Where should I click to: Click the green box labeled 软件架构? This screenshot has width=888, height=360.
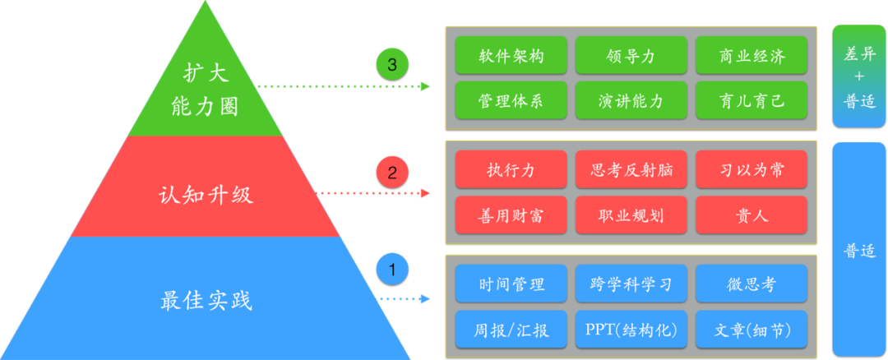point(511,57)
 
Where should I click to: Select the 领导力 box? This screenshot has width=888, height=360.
point(631,57)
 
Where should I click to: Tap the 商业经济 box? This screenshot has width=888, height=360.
point(751,57)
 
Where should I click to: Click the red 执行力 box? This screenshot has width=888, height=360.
point(511,170)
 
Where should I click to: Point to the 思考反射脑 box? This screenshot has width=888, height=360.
point(631,170)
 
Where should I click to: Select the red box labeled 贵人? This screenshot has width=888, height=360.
point(751,215)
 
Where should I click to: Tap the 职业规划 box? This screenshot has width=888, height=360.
point(631,215)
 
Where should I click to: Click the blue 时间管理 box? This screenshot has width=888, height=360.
point(511,284)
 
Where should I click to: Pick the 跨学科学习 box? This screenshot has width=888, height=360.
point(631,284)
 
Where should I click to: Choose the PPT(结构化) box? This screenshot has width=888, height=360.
point(631,330)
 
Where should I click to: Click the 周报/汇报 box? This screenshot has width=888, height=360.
point(511,330)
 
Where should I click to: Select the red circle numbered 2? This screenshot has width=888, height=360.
point(392,173)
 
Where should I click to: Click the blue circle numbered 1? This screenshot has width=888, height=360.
point(392,269)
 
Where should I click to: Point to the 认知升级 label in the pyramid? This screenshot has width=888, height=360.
point(206,196)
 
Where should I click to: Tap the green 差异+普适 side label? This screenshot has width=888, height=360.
point(858,76)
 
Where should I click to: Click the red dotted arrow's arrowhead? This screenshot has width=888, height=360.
point(425,194)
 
